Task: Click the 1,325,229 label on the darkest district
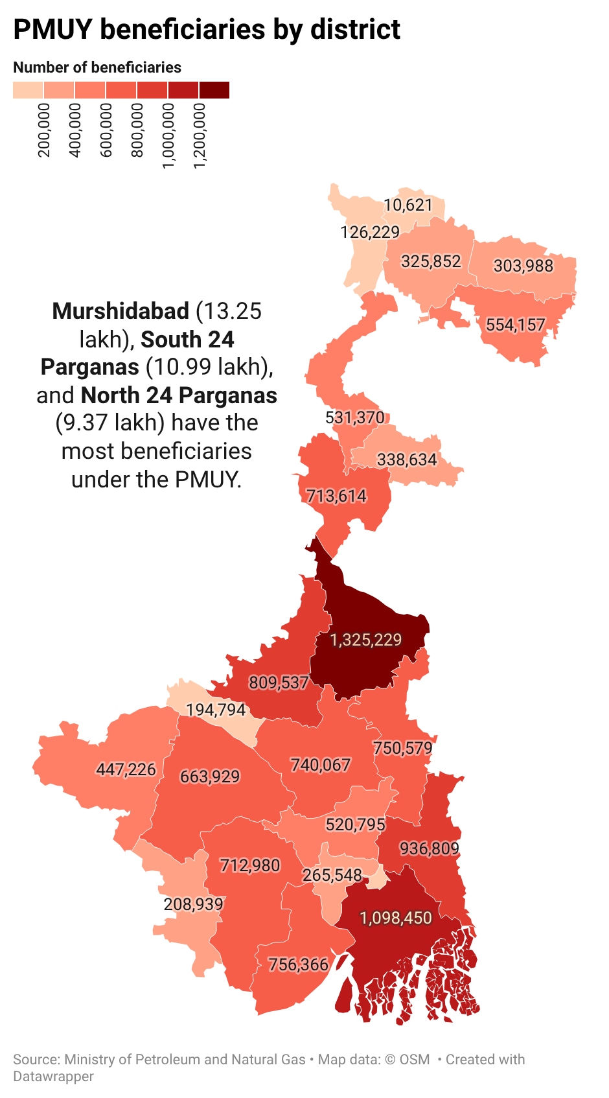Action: point(365,640)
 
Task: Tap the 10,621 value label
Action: point(408,205)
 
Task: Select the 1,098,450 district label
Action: point(395,918)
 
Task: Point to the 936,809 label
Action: point(429,848)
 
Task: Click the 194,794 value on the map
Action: point(216,710)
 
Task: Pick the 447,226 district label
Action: point(126,769)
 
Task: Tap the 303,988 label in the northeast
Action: point(523,266)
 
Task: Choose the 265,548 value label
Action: point(332,875)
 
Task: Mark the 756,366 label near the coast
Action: point(298,964)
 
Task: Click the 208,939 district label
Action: point(193,904)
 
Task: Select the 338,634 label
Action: point(407,460)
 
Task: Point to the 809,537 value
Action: point(279,683)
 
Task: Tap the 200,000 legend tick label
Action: point(44,130)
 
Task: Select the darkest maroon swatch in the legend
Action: point(214,90)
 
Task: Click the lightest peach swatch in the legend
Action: point(28,90)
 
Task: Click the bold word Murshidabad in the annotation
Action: point(121,311)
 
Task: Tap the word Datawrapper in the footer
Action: point(53,1076)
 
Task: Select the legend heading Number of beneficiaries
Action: point(97,67)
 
